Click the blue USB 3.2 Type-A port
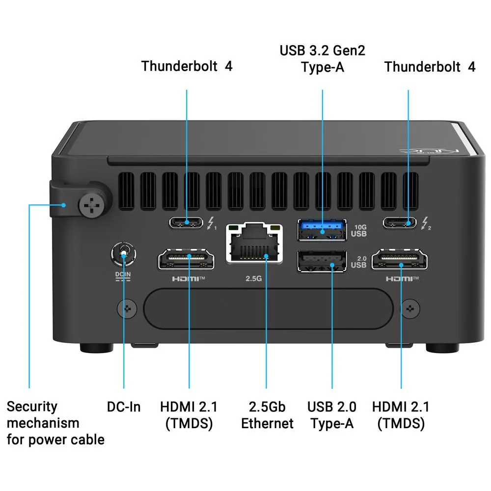click(x=322, y=230)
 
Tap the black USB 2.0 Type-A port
click(x=322, y=261)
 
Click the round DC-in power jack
click(x=124, y=254)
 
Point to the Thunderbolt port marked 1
click(x=186, y=222)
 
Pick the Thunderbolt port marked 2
click(x=400, y=222)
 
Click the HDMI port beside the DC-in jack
click(x=186, y=259)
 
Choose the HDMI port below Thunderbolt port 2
click(x=400, y=259)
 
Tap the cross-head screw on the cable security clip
click(x=91, y=205)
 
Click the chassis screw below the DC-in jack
click(x=127, y=309)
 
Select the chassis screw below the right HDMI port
click(x=410, y=309)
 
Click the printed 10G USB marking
click(x=359, y=231)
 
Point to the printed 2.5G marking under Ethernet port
click(x=254, y=278)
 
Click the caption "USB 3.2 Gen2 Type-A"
click(x=322, y=59)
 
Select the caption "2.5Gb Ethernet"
click(x=267, y=415)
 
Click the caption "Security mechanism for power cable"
click(x=55, y=423)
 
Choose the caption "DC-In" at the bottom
click(x=124, y=407)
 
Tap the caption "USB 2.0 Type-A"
click(x=332, y=415)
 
